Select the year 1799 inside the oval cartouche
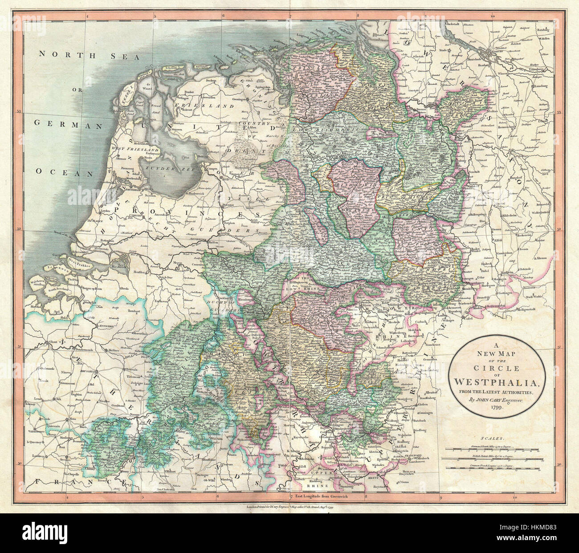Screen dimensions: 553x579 pos(498,408)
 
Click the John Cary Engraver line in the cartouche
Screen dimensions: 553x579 pos(498,400)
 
